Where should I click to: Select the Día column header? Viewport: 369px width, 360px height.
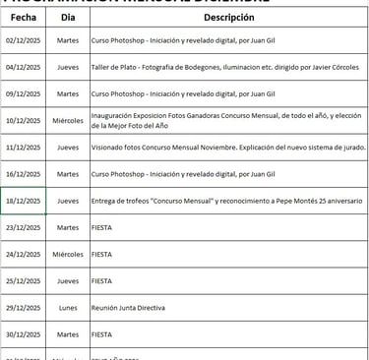[x=68, y=18]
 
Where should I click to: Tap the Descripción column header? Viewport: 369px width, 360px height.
[x=228, y=18]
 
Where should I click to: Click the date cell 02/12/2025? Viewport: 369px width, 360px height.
[x=23, y=41]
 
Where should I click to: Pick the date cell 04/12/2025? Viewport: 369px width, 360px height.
[x=23, y=68]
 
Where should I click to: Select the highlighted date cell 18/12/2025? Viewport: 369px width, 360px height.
[x=23, y=201]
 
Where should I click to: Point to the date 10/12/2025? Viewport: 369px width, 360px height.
[x=23, y=121]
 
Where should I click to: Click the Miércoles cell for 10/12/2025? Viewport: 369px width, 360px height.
[x=68, y=121]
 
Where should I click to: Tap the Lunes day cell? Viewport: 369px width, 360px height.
[x=68, y=307]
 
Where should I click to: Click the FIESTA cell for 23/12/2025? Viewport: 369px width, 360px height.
[x=101, y=227]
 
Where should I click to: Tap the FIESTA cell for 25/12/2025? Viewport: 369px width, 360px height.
[x=101, y=280]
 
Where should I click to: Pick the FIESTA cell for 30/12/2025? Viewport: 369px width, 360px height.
[x=101, y=333]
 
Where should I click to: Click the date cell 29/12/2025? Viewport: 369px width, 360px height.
[x=23, y=307]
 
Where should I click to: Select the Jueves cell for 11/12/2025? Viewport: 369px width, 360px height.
[x=68, y=148]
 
